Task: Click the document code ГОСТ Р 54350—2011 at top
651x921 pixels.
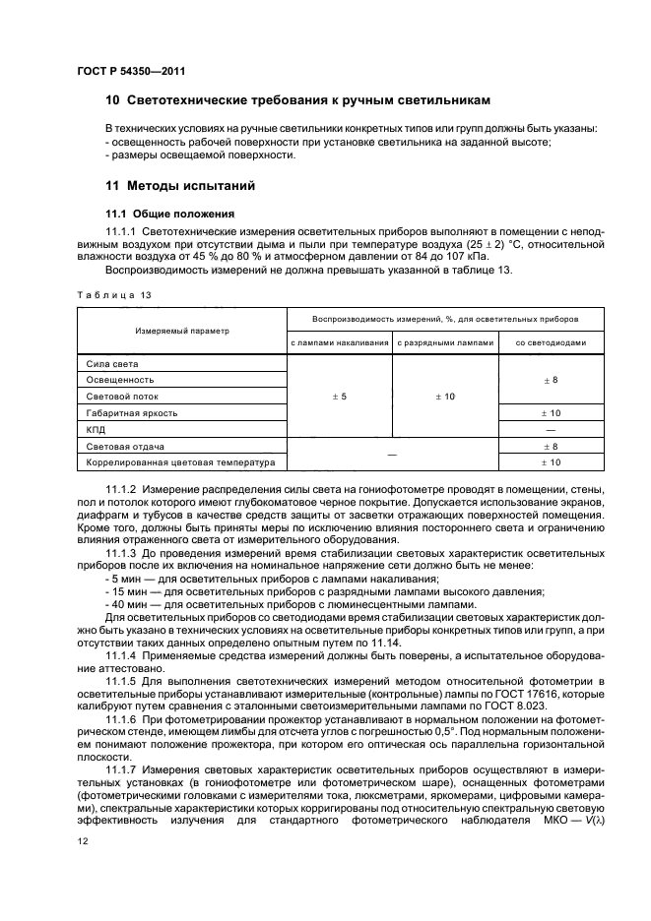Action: click(x=131, y=71)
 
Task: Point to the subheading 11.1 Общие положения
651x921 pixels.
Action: click(x=169, y=213)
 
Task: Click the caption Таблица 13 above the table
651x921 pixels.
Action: click(x=113, y=294)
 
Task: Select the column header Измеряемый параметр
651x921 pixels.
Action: click(x=181, y=331)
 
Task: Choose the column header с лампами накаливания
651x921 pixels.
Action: click(x=339, y=342)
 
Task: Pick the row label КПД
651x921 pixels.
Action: click(x=97, y=430)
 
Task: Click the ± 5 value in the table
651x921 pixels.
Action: click(x=339, y=397)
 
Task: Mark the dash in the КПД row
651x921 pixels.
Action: click(x=551, y=430)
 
